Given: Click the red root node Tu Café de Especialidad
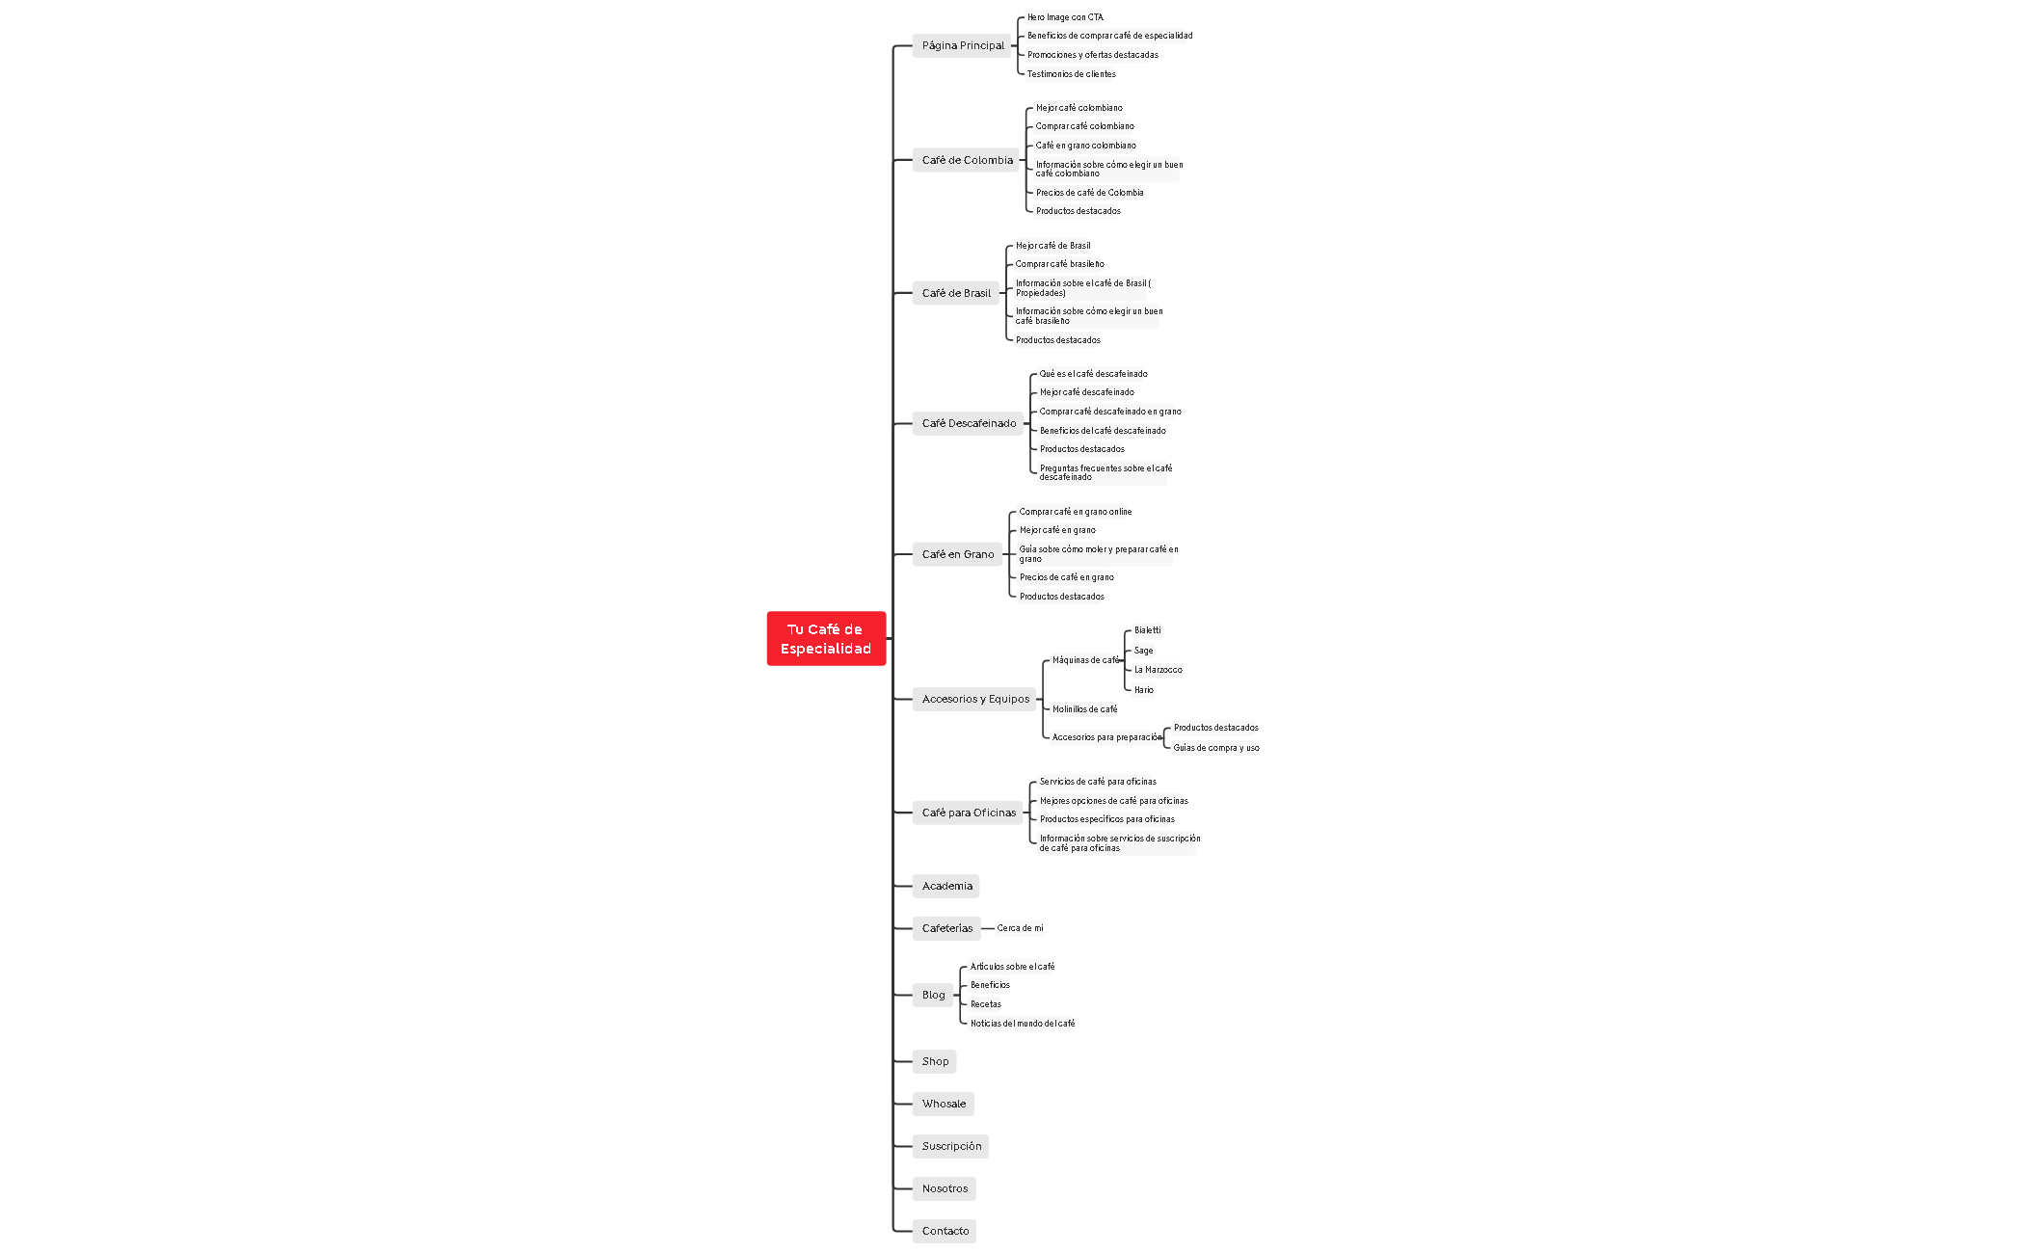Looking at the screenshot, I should pyautogui.click(x=826, y=638).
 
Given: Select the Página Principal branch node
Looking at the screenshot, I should pyautogui.click(x=962, y=45).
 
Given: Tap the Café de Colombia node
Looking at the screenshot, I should pyautogui.click(x=967, y=160).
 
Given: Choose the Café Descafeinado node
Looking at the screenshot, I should pyautogui.click(x=969, y=423).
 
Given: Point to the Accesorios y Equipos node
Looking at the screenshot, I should pyautogui.click(x=974, y=699).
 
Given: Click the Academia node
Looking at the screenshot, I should pyautogui.click(x=946, y=886).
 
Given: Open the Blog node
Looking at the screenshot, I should pyautogui.click(x=933, y=995).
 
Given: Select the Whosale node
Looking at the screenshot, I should pyautogui.click(x=943, y=1104).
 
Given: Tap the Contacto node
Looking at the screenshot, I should pyautogui.click(x=945, y=1231).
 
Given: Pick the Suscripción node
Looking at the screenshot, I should pyautogui.click(x=951, y=1146).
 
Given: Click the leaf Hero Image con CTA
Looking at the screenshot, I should pyautogui.click(x=1065, y=17).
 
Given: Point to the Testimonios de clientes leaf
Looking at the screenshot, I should pyautogui.click(x=1071, y=74).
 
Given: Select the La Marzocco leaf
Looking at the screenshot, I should pyautogui.click(x=1158, y=670).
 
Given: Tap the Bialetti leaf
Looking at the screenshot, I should pyautogui.click(x=1147, y=630).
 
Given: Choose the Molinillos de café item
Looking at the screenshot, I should pyautogui.click(x=1084, y=709).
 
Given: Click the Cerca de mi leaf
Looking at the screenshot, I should pyautogui.click(x=1020, y=928).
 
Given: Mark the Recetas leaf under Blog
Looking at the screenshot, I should pyautogui.click(x=985, y=1004).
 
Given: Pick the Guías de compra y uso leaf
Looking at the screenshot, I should pyautogui.click(x=1215, y=748).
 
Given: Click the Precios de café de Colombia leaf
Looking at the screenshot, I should pyautogui.click(x=1089, y=193).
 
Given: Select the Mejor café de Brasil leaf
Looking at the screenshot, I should pyautogui.click(x=1052, y=246).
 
